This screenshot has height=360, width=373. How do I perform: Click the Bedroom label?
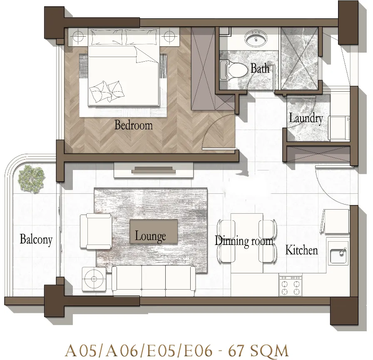134,125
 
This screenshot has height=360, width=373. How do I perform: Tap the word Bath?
260,68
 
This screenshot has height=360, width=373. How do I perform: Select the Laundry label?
306,118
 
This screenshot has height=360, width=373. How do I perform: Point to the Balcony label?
36,239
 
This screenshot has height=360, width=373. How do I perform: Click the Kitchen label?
302,250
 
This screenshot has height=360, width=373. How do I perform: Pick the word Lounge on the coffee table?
150,236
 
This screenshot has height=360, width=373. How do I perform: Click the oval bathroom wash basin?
256,39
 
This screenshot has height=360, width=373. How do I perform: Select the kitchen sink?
338,253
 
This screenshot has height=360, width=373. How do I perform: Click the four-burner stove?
291,286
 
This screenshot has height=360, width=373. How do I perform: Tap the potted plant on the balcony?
32,178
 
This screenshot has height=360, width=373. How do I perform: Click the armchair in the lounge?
96,231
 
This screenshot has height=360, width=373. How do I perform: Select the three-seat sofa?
154,278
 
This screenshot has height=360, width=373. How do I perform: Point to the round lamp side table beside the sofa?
94,279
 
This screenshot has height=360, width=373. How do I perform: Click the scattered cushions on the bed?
106,91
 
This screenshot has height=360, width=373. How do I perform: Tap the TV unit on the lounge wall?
154,170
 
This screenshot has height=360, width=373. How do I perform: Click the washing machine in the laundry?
339,127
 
